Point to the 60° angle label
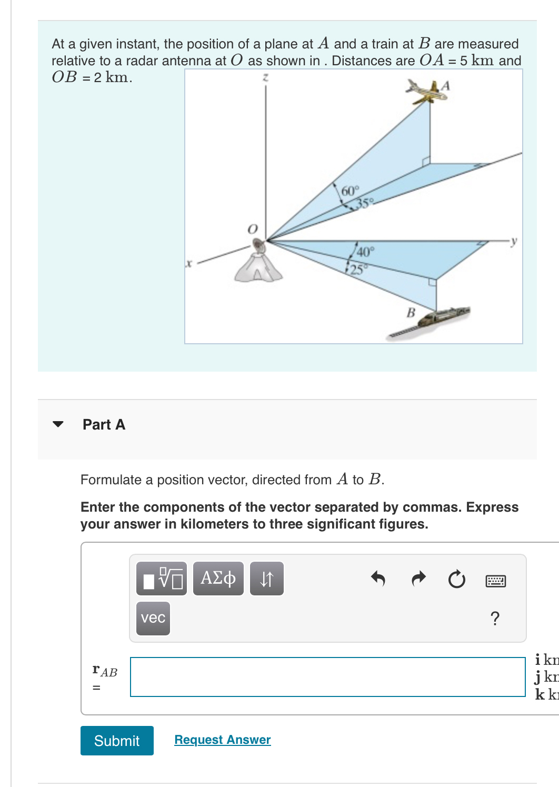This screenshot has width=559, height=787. pyautogui.click(x=350, y=191)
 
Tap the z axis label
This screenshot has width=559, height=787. pyautogui.click(x=266, y=77)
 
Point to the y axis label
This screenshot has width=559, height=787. pyautogui.click(x=514, y=241)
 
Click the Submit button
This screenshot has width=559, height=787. pyautogui.click(x=117, y=741)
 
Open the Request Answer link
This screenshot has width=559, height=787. pyautogui.click(x=222, y=740)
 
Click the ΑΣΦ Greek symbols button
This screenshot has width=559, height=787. pyautogui.click(x=218, y=578)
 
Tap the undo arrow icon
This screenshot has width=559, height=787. pyautogui.click(x=378, y=579)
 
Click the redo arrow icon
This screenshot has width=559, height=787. pyautogui.click(x=418, y=579)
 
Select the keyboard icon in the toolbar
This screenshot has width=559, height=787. pyautogui.click(x=495, y=581)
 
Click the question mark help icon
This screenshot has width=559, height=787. pyautogui.click(x=495, y=618)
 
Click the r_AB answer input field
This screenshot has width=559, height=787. pyautogui.click(x=327, y=676)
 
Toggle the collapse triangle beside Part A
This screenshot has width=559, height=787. pyautogui.click(x=58, y=424)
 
